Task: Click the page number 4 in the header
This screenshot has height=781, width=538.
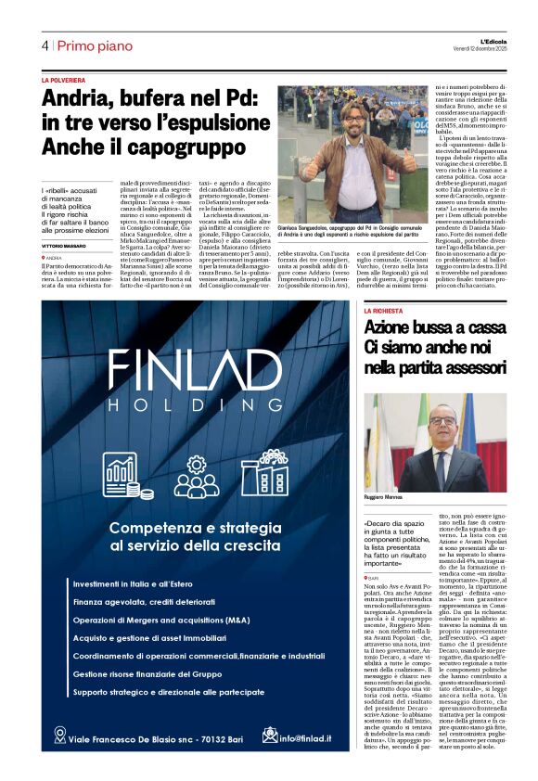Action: [45, 45]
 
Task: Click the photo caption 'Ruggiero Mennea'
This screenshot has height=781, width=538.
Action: [386, 499]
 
